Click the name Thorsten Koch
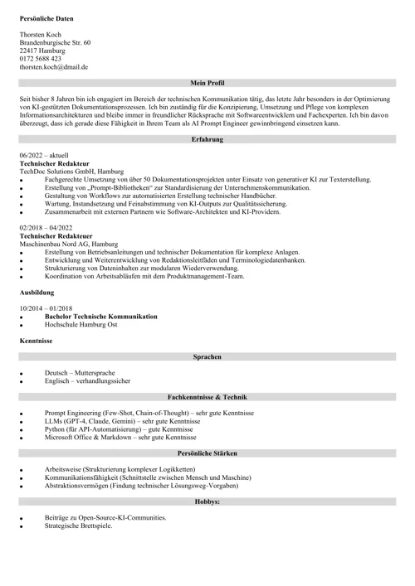(x=41, y=34)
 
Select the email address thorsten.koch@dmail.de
(x=54, y=67)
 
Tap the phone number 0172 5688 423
(x=41, y=59)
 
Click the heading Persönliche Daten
(x=48, y=17)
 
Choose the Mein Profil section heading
(x=207, y=84)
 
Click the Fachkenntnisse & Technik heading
(x=207, y=397)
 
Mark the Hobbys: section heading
(x=207, y=501)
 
